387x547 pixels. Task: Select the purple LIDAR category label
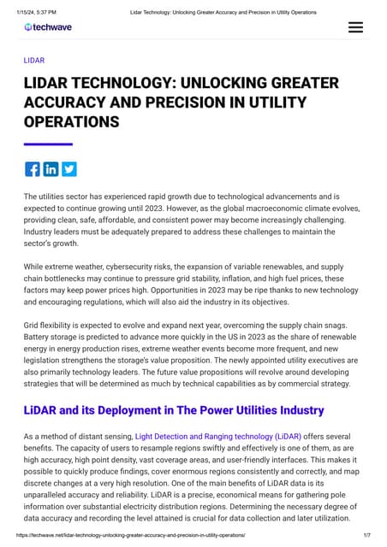tap(34, 61)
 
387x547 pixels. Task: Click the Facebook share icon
tap(33, 168)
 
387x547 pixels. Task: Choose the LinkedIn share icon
tap(51, 168)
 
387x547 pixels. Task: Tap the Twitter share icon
tap(68, 168)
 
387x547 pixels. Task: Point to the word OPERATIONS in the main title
tap(71, 122)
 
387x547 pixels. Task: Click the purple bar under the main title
tap(48, 144)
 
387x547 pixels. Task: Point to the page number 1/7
tap(366, 535)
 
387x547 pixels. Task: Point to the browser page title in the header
tap(223, 12)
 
